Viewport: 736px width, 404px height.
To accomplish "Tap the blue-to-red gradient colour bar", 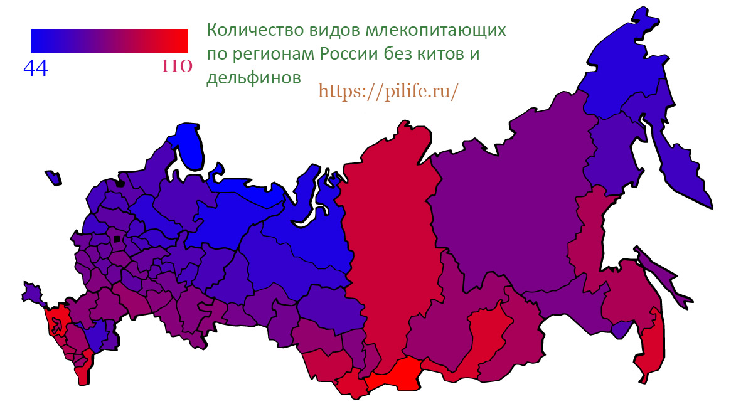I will [109, 40].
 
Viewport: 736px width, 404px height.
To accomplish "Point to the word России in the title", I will [351, 54].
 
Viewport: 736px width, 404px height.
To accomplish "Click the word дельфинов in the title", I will [253, 77].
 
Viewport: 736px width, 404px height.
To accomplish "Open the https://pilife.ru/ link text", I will [388, 92].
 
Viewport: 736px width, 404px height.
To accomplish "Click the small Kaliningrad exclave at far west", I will [53, 178].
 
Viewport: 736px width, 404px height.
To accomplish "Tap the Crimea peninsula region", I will [32, 292].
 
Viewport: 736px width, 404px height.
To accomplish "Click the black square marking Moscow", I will [117, 239].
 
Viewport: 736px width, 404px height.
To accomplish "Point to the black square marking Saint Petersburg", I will [119, 184].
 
